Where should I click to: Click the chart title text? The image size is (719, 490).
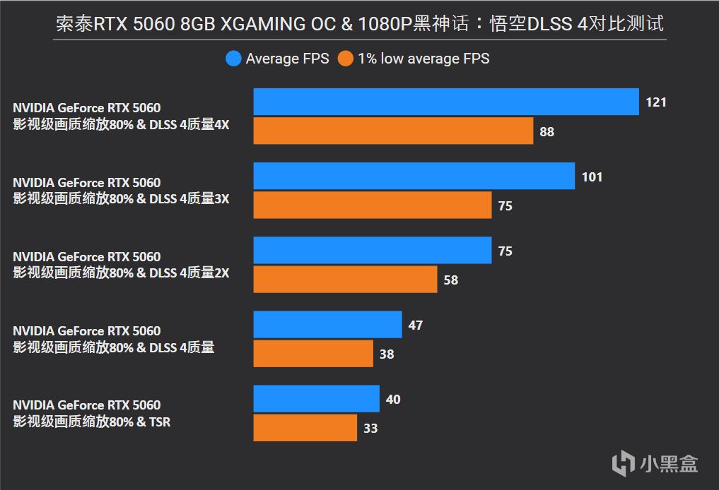click(x=360, y=23)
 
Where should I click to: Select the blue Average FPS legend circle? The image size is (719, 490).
click(x=234, y=59)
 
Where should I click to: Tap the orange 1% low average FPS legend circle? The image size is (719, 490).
click(x=346, y=59)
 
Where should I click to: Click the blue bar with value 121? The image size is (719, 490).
click(x=446, y=102)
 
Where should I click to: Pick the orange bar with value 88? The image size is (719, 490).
click(x=393, y=131)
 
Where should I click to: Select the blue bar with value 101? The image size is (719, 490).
click(x=414, y=176)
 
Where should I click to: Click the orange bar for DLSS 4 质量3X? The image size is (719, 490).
click(x=373, y=205)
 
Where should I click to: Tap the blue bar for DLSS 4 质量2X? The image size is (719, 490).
click(x=373, y=250)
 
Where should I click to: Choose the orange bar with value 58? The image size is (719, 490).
click(x=345, y=280)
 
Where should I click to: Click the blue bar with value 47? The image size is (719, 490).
click(x=327, y=324)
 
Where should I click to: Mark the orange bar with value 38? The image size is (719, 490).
click(x=313, y=354)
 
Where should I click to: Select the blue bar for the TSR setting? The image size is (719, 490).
click(x=317, y=399)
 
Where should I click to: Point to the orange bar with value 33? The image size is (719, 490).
click(x=305, y=428)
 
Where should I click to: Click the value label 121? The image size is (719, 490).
click(x=656, y=102)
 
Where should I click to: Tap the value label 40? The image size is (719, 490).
click(x=393, y=400)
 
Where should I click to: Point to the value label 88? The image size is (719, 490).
click(x=546, y=131)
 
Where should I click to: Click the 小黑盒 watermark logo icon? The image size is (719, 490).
click(x=623, y=463)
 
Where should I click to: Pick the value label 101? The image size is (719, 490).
click(x=592, y=177)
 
